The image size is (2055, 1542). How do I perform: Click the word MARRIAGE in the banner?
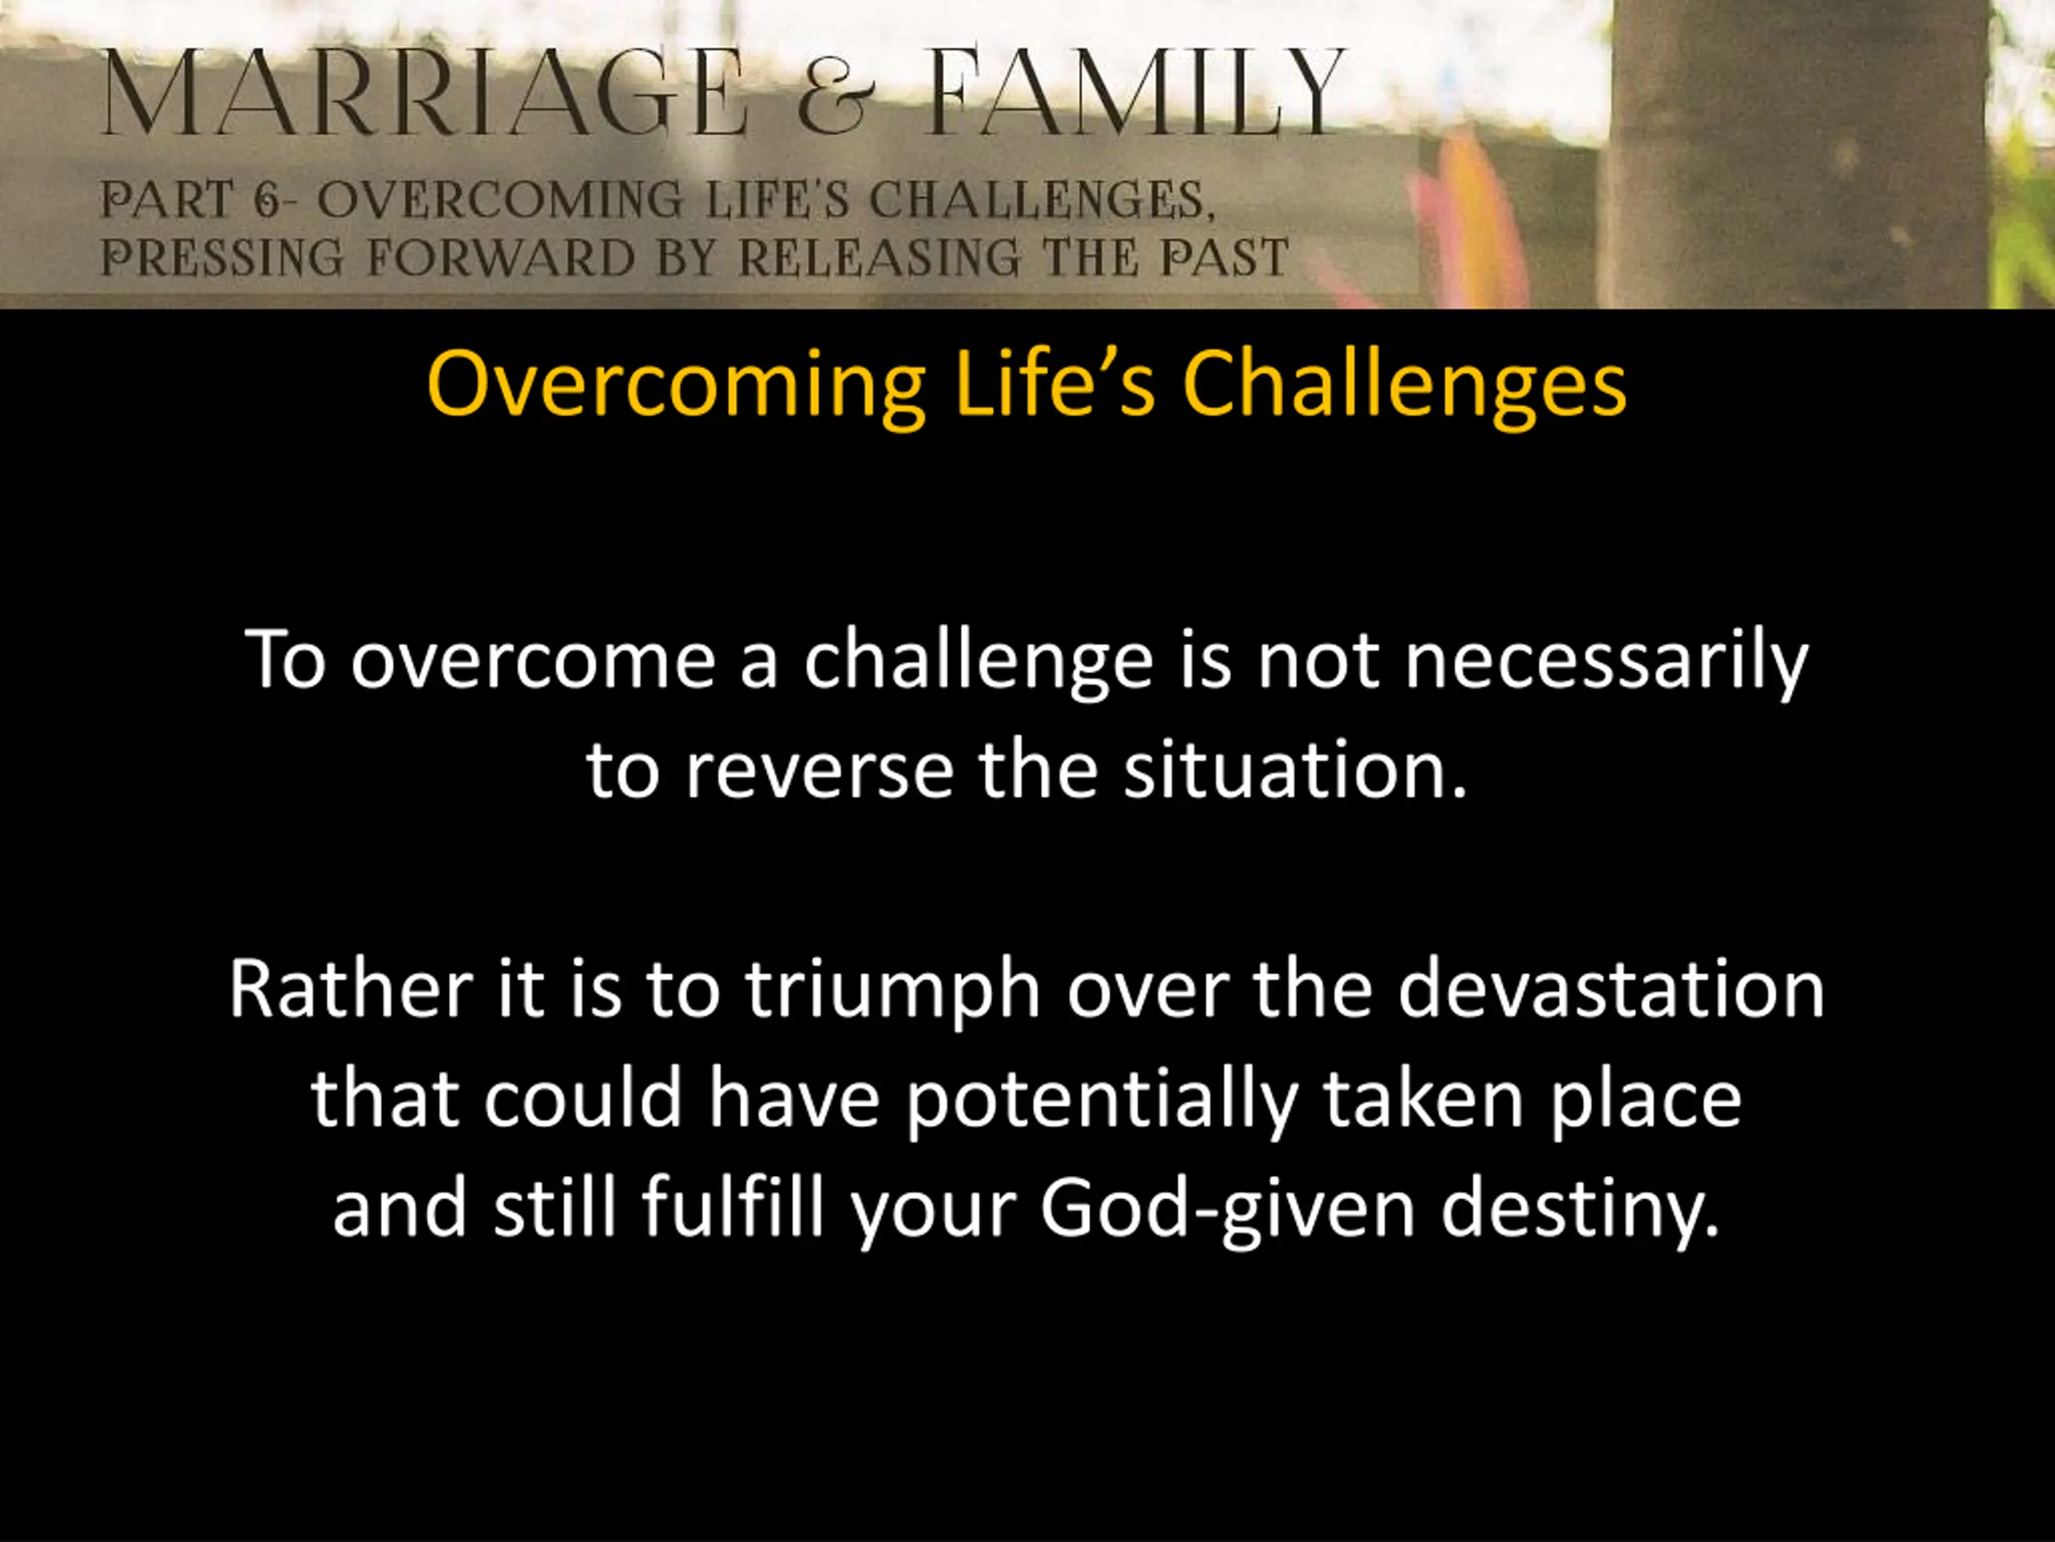pos(424,92)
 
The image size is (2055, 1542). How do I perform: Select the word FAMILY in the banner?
pos(1135,91)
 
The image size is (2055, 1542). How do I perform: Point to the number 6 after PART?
pos(267,201)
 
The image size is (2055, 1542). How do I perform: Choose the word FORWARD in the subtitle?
pos(501,258)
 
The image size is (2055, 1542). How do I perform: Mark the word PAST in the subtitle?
pos(1224,258)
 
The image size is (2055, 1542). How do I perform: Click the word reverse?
pos(820,772)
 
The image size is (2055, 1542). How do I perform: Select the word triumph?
pos(893,992)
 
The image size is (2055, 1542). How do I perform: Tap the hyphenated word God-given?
pos(1227,1211)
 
